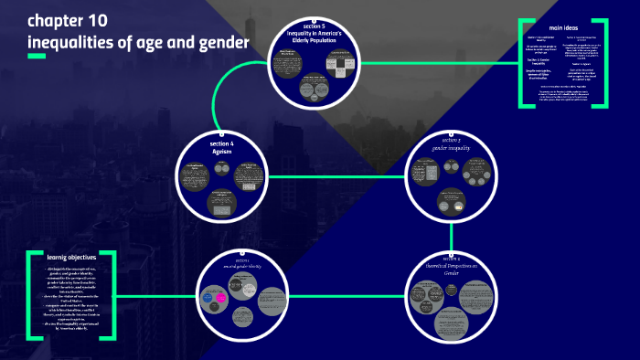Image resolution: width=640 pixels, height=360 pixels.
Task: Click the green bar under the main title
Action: click(x=36, y=57)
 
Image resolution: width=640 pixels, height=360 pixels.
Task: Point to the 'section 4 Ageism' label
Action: click(x=222, y=148)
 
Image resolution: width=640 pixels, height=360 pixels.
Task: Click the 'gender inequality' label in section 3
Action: click(x=452, y=145)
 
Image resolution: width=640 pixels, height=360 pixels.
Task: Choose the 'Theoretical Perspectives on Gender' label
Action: click(x=452, y=267)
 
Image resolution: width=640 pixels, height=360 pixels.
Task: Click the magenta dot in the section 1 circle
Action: click(x=219, y=299)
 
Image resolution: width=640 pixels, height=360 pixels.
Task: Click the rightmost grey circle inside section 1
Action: click(x=273, y=299)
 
